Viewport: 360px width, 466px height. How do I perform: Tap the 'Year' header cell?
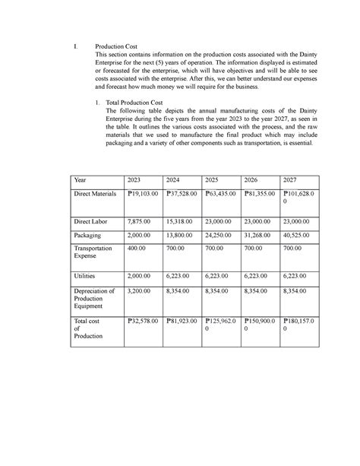coord(80,179)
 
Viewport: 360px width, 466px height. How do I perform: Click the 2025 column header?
coord(212,179)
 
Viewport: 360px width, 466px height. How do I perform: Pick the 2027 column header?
coord(289,179)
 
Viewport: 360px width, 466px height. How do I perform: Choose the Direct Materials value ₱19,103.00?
coord(142,195)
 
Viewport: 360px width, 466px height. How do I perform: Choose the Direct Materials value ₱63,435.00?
coord(221,195)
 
